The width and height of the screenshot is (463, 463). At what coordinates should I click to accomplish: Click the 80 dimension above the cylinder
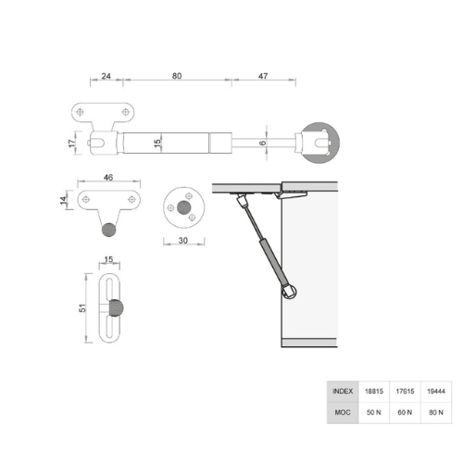(177, 76)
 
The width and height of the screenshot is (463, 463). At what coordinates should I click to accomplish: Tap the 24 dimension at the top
(106, 76)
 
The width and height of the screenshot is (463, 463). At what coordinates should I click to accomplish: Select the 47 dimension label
(263, 76)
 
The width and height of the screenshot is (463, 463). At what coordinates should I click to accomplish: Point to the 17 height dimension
(71, 144)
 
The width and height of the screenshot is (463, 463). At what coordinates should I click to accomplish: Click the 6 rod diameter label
(262, 143)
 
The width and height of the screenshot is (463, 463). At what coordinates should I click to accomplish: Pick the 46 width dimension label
(108, 178)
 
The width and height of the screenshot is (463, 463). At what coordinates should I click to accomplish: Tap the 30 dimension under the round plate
(183, 241)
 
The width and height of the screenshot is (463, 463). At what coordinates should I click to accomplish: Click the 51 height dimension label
(82, 307)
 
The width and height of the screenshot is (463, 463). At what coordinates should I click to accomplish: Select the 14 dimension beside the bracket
(63, 200)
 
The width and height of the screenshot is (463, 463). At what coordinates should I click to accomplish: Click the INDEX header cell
(343, 392)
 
